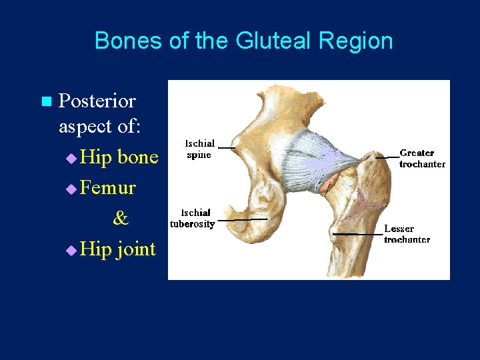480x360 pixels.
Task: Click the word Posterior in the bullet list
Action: (x=97, y=101)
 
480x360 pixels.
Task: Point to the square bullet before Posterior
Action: (x=45, y=102)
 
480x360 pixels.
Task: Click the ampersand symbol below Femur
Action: (x=120, y=218)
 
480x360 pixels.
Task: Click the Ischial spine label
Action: (x=199, y=149)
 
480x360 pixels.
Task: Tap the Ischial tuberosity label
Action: (x=192, y=219)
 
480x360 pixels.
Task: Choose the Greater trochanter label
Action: (x=422, y=158)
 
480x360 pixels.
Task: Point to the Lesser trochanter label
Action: (x=407, y=234)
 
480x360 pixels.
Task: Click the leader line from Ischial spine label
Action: (x=227, y=147)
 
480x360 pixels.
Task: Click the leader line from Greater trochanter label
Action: (x=386, y=157)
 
